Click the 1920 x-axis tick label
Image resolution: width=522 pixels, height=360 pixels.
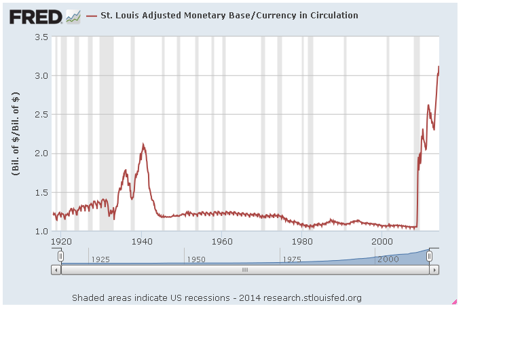61,240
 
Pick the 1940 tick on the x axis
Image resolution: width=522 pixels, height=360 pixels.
141,240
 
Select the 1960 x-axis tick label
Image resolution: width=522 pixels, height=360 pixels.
222,240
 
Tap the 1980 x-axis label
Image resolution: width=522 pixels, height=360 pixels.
302,240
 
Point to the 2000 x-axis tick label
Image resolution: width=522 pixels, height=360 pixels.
382,240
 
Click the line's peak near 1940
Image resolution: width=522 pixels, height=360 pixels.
143,144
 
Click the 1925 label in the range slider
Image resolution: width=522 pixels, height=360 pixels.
100,259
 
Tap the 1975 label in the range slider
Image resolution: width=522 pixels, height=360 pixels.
292,259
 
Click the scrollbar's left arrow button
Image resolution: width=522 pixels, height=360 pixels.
56,270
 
